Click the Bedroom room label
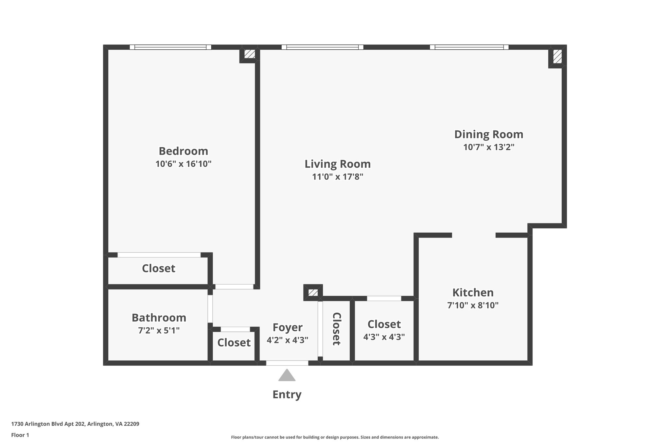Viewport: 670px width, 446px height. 183,151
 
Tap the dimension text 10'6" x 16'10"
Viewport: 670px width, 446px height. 183,164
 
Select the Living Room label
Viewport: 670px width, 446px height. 338,164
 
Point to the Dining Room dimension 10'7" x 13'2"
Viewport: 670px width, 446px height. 489,147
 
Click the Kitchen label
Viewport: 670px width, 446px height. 473,292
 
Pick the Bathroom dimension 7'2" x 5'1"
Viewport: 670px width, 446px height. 159,331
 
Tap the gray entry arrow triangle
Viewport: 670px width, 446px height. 287,376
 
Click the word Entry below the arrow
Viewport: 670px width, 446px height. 287,394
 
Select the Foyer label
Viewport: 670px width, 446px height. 288,327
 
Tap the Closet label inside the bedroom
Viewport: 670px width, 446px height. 158,268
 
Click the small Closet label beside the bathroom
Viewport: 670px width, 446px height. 234,342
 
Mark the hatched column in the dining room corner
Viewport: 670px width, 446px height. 557,57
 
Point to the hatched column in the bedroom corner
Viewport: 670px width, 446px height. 250,54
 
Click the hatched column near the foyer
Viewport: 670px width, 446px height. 313,292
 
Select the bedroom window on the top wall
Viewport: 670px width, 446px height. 170,47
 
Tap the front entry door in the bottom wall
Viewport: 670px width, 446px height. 287,363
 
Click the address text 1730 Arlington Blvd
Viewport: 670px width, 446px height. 75,424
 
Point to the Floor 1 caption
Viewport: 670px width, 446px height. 20,435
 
